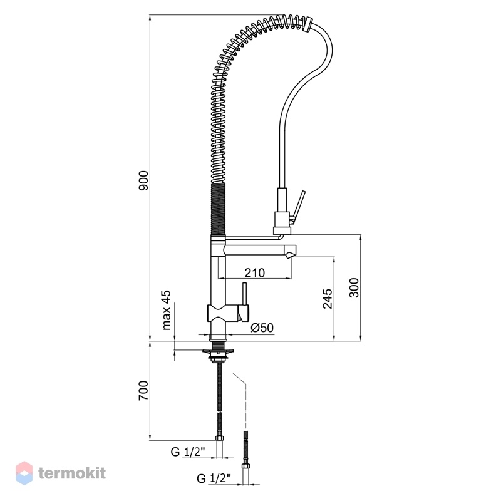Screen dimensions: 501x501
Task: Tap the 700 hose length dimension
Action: point(143,390)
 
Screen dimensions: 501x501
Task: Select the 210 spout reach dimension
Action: point(255,272)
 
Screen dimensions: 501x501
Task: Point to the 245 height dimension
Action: point(328,299)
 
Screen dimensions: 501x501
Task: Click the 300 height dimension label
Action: point(354,287)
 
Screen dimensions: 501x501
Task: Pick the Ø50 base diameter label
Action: point(262,328)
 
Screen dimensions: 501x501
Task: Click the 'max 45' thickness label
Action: point(167,310)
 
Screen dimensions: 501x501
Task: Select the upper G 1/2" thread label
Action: point(188,452)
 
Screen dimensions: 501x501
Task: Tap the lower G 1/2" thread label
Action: point(214,478)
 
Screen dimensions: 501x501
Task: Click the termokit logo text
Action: point(72,473)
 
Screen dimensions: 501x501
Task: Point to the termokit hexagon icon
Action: point(24,473)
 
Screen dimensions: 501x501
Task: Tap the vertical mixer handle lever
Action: point(245,294)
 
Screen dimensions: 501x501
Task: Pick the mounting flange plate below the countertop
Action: point(218,352)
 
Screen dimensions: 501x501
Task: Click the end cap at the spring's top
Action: point(307,25)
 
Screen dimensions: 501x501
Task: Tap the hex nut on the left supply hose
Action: point(220,438)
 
